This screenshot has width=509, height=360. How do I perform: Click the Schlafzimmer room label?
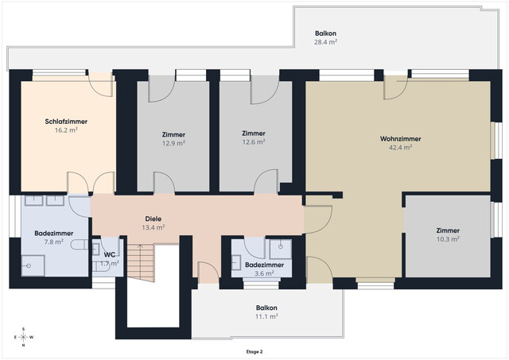point(66,122)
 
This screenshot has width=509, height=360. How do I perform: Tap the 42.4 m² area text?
point(401,147)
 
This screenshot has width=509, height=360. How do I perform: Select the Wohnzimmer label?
point(401,139)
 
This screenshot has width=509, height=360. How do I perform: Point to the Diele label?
point(153,219)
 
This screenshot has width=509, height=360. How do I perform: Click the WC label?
point(110,254)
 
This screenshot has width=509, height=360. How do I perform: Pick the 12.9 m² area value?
point(173,143)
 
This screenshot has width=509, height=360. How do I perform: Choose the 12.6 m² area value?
point(254,141)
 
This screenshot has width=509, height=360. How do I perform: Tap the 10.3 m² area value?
point(448,239)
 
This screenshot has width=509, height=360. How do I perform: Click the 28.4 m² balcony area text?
point(325,42)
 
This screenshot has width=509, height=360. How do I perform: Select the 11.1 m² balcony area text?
point(266,316)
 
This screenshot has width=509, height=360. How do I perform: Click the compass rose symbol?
point(23,337)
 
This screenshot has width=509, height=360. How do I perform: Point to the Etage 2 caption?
point(254,351)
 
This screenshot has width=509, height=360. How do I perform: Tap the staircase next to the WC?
point(140,263)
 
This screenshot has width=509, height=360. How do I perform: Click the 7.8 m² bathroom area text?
point(54,242)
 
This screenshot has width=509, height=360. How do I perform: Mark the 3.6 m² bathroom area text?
point(264,273)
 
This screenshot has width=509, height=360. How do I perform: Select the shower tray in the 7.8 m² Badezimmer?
point(33,265)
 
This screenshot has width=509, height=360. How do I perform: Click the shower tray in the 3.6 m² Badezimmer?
point(281,249)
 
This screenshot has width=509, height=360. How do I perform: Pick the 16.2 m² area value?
point(66,130)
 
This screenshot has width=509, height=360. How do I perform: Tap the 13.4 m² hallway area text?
point(153,227)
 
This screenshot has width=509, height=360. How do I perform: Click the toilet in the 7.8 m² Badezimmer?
point(80,245)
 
